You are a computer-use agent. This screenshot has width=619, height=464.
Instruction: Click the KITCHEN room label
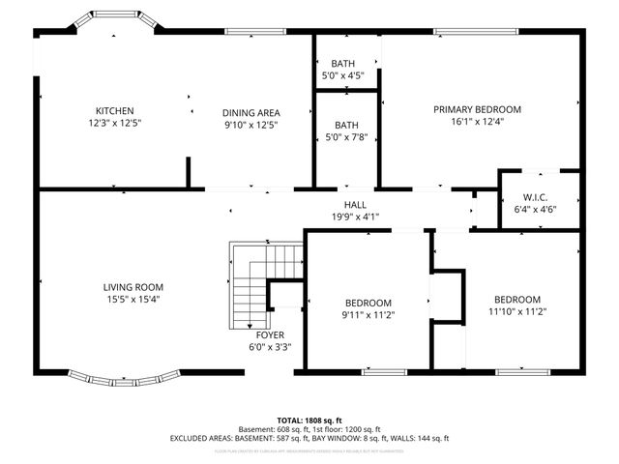click(114, 111)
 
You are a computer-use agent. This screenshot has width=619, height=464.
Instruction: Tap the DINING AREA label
click(251, 112)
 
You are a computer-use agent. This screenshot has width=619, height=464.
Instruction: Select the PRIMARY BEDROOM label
click(477, 109)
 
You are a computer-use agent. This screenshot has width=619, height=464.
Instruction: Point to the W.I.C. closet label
click(535, 198)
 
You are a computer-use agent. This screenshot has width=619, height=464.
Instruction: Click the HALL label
click(355, 205)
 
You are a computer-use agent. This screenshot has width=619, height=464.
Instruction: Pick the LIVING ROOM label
click(133, 287)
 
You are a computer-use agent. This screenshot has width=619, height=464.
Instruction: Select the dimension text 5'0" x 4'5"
click(343, 75)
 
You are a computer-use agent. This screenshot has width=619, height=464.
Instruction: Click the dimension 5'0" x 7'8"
click(343, 136)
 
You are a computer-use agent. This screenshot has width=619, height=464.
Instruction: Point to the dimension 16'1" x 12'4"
click(477, 121)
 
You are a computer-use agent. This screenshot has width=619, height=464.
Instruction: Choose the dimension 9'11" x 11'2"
click(368, 314)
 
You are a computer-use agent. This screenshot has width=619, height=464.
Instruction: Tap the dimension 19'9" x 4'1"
click(355, 217)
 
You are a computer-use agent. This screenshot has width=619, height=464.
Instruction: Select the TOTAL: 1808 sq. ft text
click(309, 420)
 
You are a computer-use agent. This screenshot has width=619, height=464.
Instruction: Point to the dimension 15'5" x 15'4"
click(133, 299)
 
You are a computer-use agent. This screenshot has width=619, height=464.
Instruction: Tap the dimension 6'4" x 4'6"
click(535, 209)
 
